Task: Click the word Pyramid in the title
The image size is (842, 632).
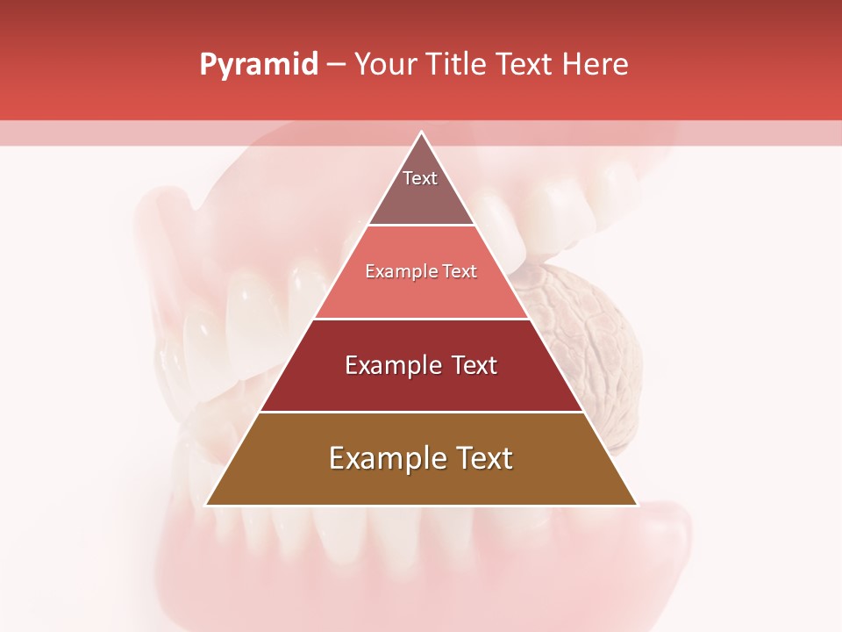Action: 258,65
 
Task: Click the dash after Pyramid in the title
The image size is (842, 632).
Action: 336,65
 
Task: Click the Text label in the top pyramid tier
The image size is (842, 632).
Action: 420,178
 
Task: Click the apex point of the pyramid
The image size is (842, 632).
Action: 421,133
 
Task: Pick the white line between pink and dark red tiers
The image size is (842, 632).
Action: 421,319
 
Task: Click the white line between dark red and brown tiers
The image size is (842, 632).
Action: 421,412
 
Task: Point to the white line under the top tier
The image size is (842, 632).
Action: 421,226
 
